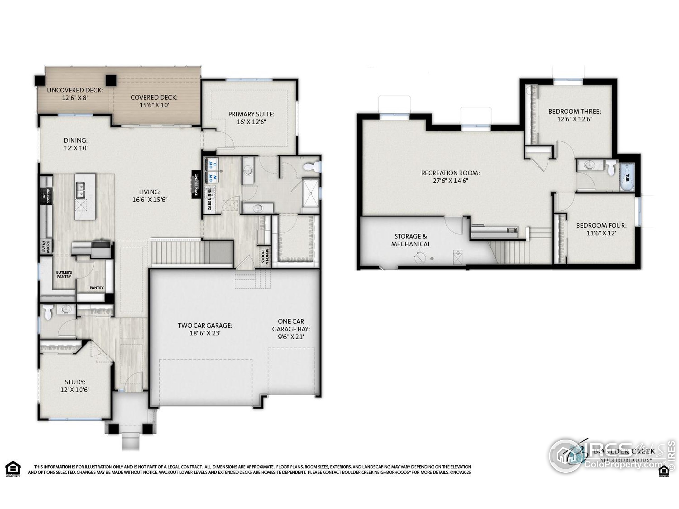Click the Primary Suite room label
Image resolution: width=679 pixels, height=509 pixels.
pyautogui.click(x=251, y=118)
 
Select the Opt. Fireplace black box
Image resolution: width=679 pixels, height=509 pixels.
pyautogui.click(x=196, y=185)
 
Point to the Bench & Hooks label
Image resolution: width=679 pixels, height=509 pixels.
pyautogui.click(x=265, y=256)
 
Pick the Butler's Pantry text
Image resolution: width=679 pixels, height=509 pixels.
pyautogui.click(x=64, y=274)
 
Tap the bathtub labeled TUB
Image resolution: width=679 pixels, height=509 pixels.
pyautogui.click(x=626, y=178)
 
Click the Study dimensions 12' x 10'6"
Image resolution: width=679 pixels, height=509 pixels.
pyautogui.click(x=75, y=390)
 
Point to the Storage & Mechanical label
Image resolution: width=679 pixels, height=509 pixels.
pyautogui.click(x=411, y=240)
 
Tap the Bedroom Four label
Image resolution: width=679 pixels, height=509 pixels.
pyautogui.click(x=601, y=226)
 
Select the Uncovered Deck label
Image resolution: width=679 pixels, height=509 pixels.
pyautogui.click(x=75, y=90)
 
